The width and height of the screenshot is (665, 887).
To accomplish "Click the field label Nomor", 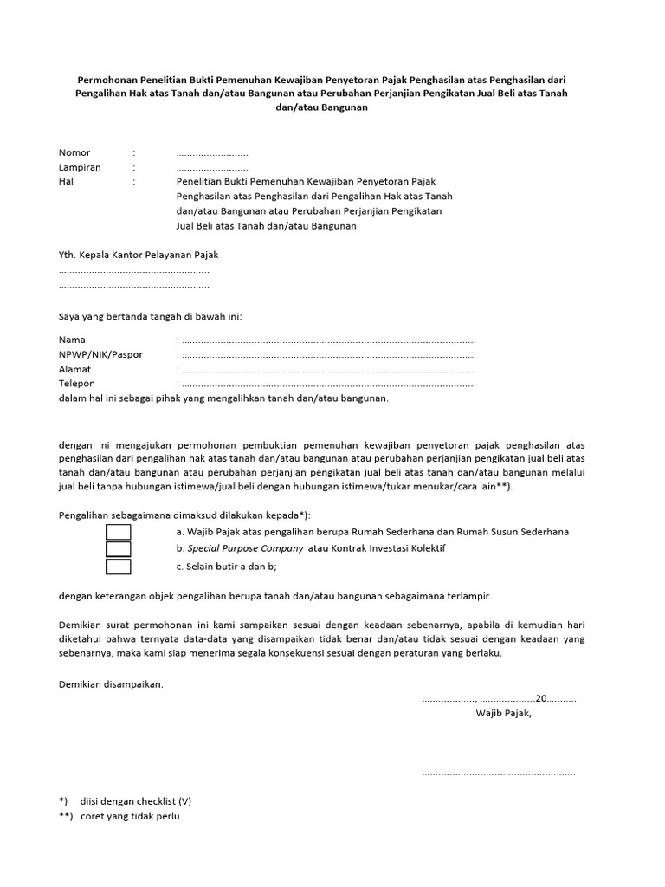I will [74, 152].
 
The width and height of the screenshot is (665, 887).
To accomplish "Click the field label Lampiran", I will [80, 167].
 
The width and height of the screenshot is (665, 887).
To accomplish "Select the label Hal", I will [66, 182].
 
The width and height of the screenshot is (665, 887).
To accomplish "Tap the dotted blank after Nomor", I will [212, 153].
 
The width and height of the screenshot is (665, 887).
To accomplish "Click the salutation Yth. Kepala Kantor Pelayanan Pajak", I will [139, 255].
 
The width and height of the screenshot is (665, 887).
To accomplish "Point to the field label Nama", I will [72, 340].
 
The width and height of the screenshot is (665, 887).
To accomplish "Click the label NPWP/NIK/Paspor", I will [100, 354].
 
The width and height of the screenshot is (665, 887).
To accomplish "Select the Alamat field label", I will [74, 369].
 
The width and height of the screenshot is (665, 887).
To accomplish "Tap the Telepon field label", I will [77, 383].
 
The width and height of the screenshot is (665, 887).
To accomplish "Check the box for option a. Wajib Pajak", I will [119, 532].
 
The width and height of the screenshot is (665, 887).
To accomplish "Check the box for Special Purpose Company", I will [119, 549].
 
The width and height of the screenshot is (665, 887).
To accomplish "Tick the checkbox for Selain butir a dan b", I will [119, 567].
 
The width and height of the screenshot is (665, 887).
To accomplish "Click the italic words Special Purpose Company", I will [245, 548].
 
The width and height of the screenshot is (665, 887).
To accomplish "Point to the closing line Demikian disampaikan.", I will [111, 683].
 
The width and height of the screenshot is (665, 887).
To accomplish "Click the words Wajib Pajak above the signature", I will [503, 713].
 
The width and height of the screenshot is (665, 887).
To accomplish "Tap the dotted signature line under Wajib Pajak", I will [499, 772].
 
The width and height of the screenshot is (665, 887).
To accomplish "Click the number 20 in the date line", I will [541, 698].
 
